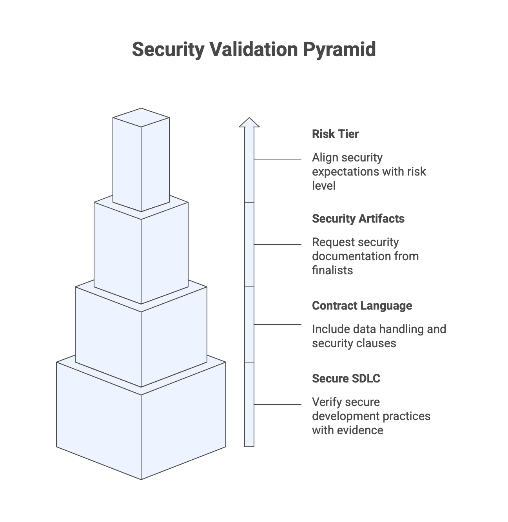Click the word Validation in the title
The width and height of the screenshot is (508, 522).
254,50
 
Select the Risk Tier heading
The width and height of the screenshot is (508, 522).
335,134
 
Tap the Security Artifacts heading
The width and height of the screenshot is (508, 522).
358,219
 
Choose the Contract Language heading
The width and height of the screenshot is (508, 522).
362,306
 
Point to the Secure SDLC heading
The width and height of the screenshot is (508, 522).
346,379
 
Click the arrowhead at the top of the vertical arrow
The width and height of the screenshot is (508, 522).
249,122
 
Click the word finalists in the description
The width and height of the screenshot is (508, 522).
332,270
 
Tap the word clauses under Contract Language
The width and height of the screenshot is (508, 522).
378,343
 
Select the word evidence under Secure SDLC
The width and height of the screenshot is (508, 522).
358,430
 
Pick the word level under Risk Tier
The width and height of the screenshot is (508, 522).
323,186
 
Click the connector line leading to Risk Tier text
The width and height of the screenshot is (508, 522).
278,160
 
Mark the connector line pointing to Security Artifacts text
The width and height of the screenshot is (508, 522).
278,245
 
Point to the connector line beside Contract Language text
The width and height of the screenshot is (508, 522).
278,324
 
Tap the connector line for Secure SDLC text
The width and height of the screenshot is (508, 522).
278,404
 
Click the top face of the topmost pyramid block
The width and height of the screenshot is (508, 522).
141,117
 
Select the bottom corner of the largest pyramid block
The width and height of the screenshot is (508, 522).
141,478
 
